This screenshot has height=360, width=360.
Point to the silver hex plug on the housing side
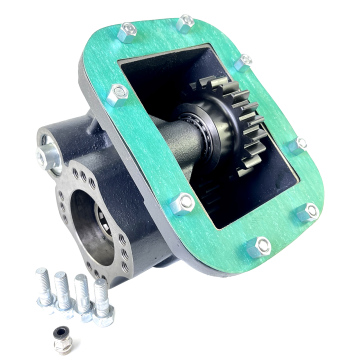pos(45,156)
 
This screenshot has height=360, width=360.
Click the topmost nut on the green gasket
pos(186,21)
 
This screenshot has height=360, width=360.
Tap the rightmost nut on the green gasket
pos(311,210)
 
